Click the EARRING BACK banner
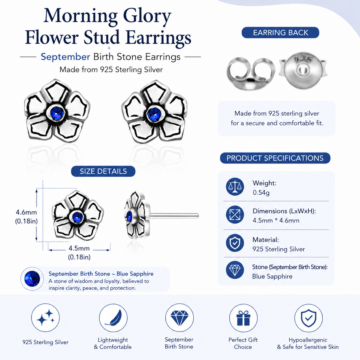pos(280,32)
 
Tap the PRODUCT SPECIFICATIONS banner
pos(275,158)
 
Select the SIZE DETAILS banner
pos(103,171)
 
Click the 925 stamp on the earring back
pos(303,59)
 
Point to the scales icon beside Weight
pos(235,187)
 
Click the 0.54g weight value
pos(261,192)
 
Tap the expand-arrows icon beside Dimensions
pos(235,215)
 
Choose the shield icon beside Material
pos(235,243)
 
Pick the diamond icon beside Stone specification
pos(235,270)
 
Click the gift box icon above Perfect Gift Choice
pos(243,318)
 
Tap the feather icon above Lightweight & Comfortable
pos(113,318)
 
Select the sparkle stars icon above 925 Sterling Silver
pos(45,318)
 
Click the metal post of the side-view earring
pos(174,216)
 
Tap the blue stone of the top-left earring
pos(57,113)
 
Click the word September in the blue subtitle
pos(65,57)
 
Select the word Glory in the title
pos(147,16)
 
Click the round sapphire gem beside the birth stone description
pos(32,279)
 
